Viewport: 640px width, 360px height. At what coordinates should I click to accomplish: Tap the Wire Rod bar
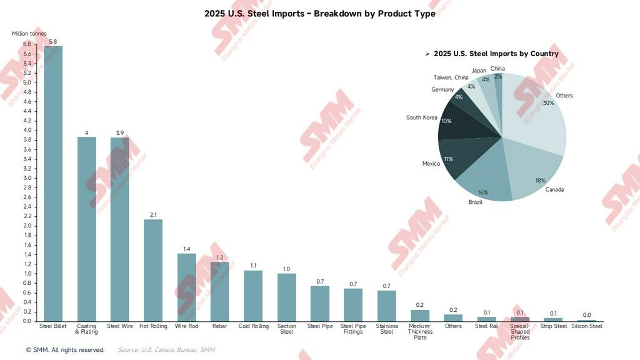click(x=186, y=287)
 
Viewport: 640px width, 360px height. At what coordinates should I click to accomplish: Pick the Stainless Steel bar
click(x=387, y=306)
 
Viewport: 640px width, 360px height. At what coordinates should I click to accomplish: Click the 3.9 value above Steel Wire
click(x=120, y=133)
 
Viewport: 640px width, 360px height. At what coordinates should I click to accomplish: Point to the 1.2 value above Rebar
click(x=220, y=257)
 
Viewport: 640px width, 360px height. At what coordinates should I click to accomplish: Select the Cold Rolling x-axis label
click(x=253, y=326)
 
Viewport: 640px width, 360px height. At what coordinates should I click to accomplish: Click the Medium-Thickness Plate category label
click(x=420, y=332)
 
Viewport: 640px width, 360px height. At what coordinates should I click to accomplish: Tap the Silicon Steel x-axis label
click(x=587, y=326)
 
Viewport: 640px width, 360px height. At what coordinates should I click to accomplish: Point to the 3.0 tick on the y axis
click(x=27, y=178)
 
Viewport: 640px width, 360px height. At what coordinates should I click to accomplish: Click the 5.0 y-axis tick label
click(x=27, y=82)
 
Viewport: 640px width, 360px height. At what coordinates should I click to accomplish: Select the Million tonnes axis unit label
click(x=29, y=34)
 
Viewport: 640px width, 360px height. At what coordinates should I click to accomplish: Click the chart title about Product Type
click(x=319, y=14)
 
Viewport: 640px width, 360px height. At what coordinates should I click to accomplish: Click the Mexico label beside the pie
click(x=431, y=164)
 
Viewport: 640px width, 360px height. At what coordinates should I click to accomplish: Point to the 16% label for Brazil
click(x=483, y=192)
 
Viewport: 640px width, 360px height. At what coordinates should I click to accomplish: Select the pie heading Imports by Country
click(x=496, y=54)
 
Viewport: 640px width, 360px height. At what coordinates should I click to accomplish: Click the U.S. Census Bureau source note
click(x=166, y=350)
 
